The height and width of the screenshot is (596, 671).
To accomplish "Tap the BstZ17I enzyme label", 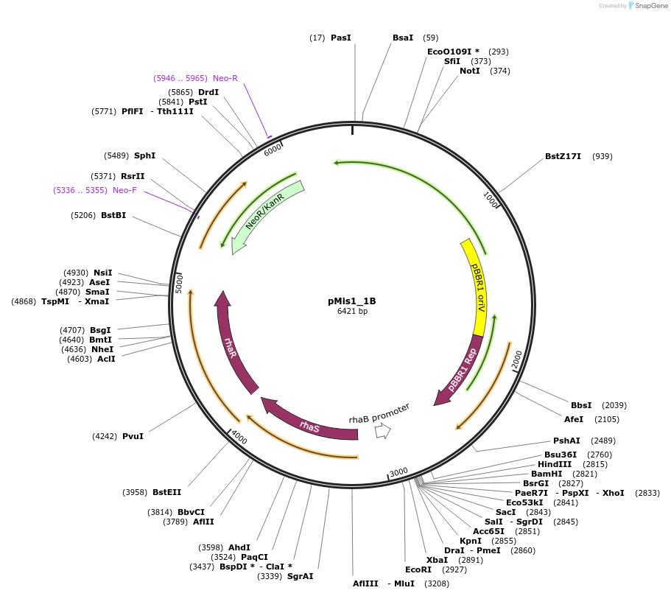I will (563, 156).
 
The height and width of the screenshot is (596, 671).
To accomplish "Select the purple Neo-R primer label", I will (225, 78).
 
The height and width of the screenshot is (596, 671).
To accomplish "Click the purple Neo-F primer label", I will (124, 190).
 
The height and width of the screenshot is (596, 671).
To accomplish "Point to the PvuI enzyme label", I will (133, 436).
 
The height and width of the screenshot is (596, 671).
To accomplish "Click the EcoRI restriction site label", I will (418, 569).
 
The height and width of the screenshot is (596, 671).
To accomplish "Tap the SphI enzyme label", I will (144, 155).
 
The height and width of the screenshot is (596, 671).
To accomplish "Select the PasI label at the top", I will (340, 38).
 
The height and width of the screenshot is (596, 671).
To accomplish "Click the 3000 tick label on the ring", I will (398, 471).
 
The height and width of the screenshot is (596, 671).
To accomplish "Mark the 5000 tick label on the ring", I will (179, 283).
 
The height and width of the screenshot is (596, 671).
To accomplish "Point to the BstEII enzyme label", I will (166, 492).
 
